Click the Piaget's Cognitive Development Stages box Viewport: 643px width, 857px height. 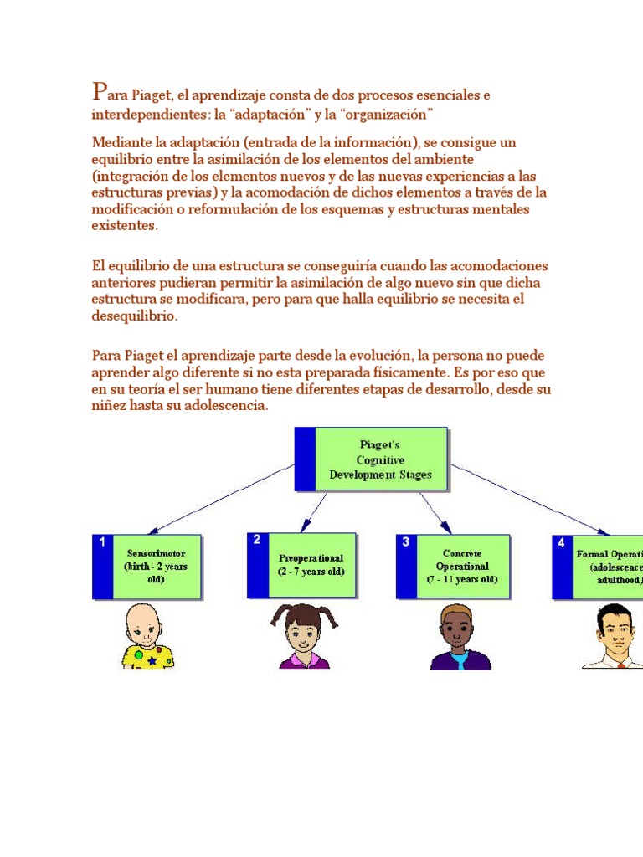click(372, 459)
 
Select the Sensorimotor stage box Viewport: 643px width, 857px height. click(147, 567)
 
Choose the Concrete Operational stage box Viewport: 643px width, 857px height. click(453, 567)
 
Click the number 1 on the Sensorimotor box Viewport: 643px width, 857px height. click(102, 543)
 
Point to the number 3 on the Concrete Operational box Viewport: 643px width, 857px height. click(406, 542)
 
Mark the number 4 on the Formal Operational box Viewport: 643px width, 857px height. click(561, 543)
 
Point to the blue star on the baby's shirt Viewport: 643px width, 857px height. click(152, 661)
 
